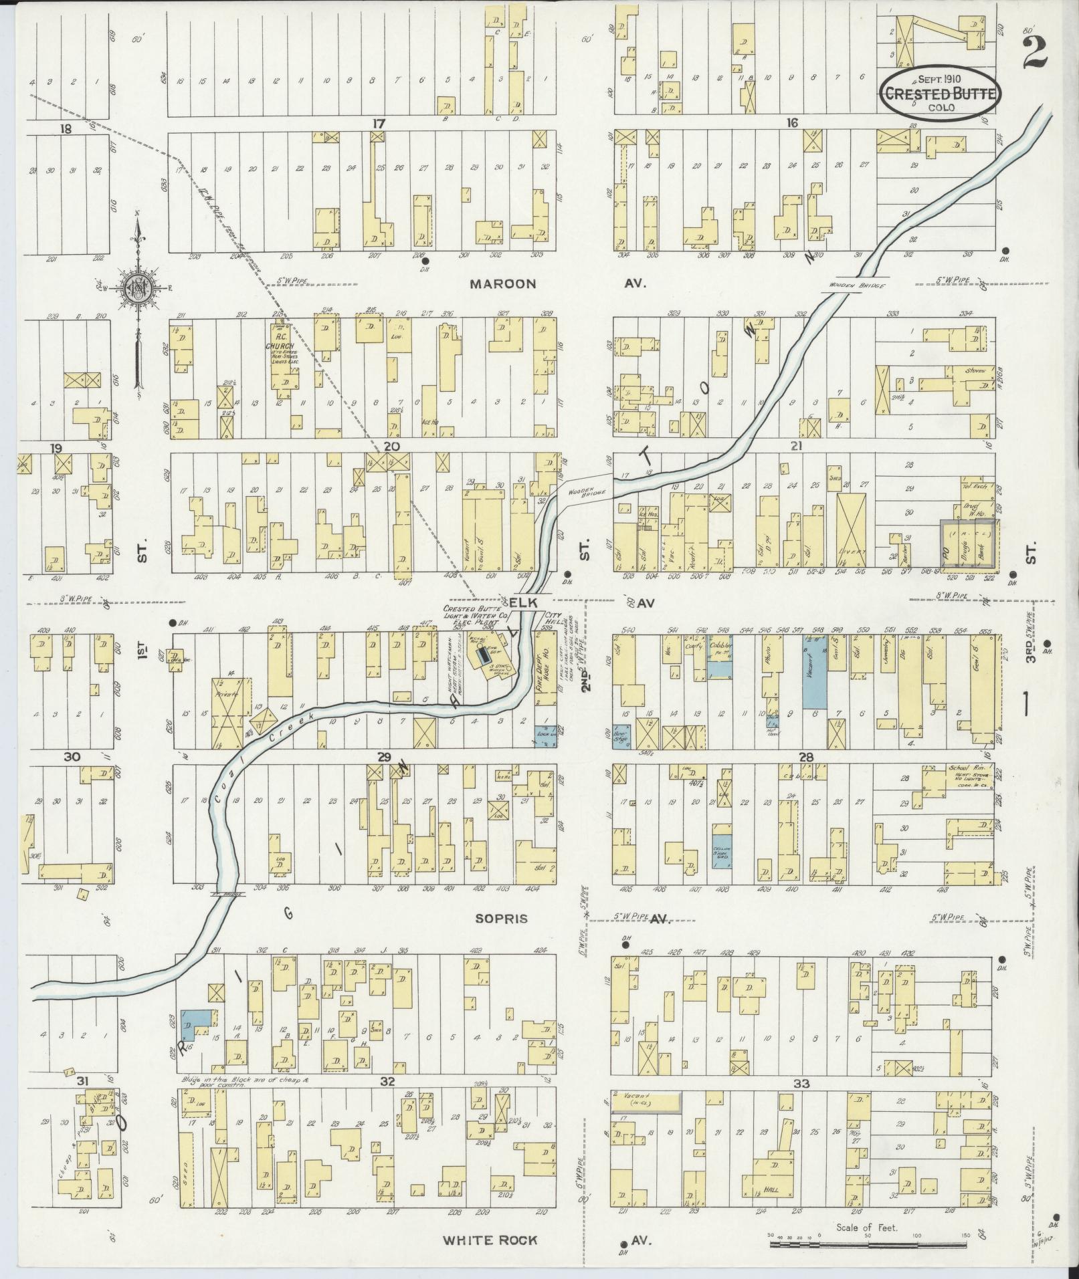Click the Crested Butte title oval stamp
(x=941, y=94)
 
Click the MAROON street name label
(x=502, y=283)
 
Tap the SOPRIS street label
(x=501, y=919)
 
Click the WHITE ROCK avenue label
(x=490, y=1240)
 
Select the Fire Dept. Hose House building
(x=546, y=669)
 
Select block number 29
(x=383, y=757)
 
